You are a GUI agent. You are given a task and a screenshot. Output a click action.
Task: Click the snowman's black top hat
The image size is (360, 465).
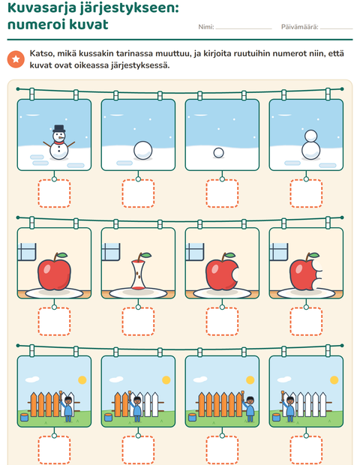[59, 128]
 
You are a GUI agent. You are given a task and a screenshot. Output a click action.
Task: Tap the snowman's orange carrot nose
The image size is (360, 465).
[61, 137]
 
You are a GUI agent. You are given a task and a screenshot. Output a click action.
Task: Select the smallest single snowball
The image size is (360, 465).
[218, 153]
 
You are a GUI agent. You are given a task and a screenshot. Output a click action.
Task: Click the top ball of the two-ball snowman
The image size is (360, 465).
[310, 136]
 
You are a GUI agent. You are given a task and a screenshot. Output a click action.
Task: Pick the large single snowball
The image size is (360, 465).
[143, 150]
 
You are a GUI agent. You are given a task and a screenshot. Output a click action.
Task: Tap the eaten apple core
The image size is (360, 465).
[139, 271]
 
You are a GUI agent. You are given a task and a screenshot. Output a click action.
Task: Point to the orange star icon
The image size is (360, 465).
[16, 59]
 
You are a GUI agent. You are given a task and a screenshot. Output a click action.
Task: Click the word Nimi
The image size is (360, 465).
[205, 27]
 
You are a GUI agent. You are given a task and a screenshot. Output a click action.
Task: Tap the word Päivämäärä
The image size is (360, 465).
[299, 27]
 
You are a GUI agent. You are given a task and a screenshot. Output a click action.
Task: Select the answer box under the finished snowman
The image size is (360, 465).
[54, 193]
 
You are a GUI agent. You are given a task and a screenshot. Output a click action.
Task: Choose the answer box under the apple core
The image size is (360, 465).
[138, 322]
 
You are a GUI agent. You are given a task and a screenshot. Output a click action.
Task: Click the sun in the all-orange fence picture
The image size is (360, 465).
[250, 380]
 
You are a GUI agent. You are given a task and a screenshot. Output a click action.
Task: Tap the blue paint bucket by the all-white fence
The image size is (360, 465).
[276, 417]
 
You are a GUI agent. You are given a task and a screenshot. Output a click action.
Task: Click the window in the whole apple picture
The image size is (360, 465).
[27, 251]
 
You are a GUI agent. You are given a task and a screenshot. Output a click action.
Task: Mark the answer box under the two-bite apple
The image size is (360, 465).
[306, 322]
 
